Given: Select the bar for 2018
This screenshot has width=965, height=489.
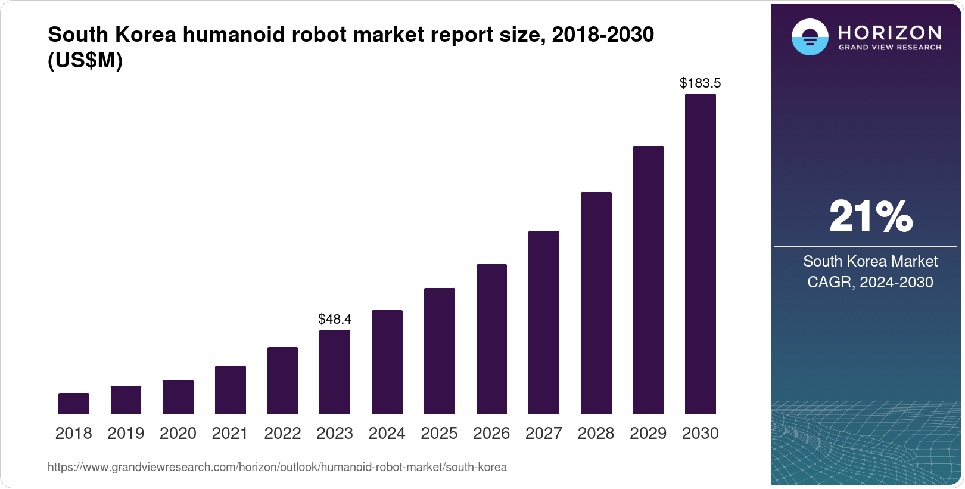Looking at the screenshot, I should (74, 403).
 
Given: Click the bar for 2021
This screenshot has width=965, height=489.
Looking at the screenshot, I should (230, 389).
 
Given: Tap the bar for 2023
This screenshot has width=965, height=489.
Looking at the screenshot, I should (335, 372).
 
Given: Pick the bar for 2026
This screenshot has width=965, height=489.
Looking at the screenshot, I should (491, 339).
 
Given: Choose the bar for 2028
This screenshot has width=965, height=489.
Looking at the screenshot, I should (596, 302).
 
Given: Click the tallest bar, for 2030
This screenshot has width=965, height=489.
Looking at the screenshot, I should (701, 253).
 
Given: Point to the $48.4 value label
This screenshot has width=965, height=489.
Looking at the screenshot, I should (335, 319).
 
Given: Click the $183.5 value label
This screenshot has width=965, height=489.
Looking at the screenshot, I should (701, 83).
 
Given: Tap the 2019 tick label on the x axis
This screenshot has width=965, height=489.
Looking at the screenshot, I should (126, 434).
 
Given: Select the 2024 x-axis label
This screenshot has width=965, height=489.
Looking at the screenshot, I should (387, 434).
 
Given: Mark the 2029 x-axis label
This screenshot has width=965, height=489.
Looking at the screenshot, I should (648, 434).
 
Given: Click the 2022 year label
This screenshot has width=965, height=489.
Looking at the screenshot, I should (282, 434).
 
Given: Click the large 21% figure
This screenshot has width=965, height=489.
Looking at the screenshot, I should (870, 216).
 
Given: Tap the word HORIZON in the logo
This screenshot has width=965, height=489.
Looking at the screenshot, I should (890, 32).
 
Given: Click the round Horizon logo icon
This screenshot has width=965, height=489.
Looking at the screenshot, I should (810, 37).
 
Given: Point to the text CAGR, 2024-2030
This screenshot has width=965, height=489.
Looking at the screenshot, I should (870, 282).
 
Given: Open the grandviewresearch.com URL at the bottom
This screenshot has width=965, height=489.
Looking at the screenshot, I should (277, 467).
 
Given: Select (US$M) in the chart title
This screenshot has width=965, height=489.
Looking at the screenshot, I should (85, 60).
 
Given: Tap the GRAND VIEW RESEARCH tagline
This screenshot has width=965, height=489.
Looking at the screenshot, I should (890, 47).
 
